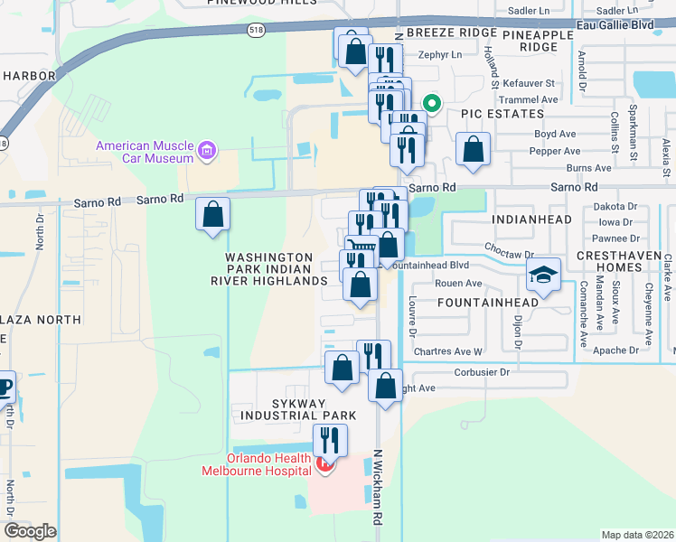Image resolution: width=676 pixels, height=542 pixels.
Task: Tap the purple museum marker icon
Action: pyautogui.click(x=208, y=150)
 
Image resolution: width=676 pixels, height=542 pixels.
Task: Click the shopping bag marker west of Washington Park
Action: pyautogui.click(x=213, y=215)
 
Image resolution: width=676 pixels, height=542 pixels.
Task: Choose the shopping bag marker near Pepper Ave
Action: pyautogui.click(x=473, y=149)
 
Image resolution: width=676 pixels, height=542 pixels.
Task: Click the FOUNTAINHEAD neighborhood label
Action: pyautogui.click(x=488, y=302)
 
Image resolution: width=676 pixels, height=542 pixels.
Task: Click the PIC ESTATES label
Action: pyautogui.click(x=502, y=114)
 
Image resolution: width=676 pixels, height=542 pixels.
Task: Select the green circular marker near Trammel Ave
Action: pyautogui.click(x=432, y=104)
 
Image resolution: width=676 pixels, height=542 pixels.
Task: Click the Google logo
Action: pyautogui.click(x=30, y=530)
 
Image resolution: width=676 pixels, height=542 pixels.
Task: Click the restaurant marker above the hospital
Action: pyautogui.click(x=330, y=440)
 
